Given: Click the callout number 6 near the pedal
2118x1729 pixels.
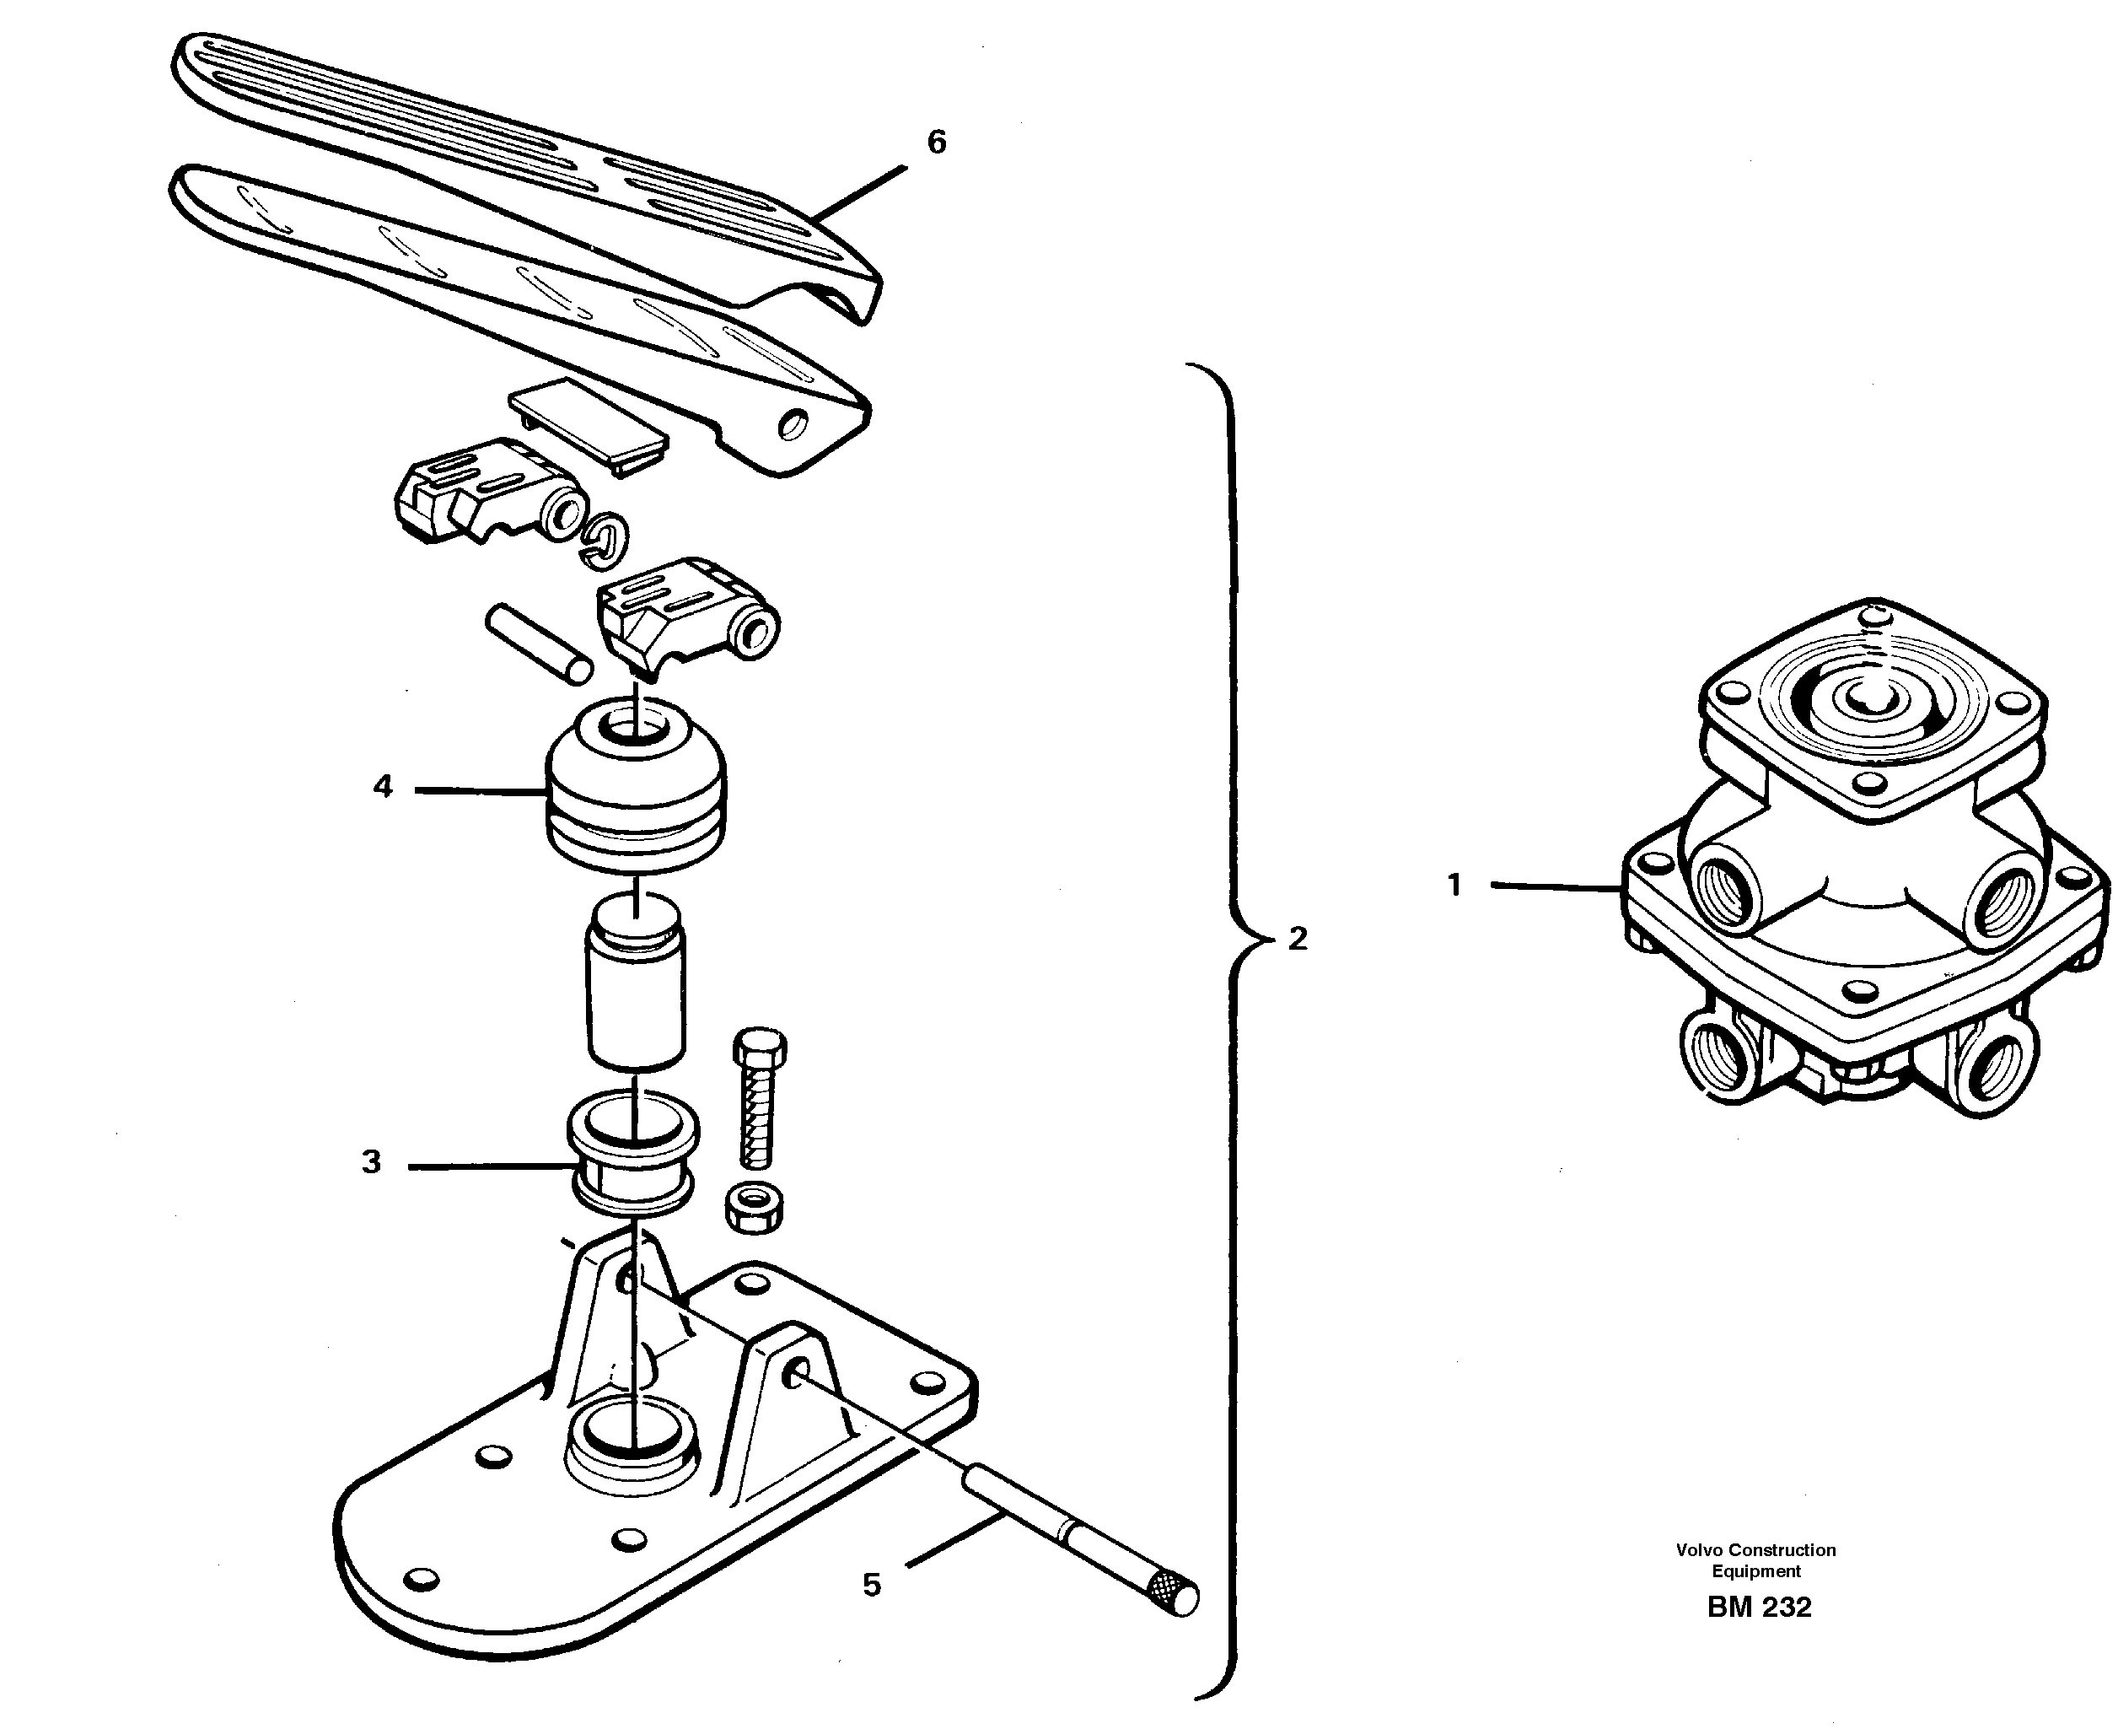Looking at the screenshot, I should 936,143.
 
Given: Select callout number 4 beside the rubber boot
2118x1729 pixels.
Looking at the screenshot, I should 384,787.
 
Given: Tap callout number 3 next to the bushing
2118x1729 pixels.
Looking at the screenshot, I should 372,1162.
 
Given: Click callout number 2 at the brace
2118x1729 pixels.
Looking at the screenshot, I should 1297,938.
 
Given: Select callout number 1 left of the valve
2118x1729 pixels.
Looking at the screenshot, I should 1454,885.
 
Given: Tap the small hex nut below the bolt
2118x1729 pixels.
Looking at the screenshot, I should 755,1207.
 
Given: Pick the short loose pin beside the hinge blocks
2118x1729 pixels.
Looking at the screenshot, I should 539,645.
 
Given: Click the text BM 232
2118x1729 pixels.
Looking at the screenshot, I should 1759,1608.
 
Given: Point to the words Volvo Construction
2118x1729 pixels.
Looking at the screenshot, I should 1755,1549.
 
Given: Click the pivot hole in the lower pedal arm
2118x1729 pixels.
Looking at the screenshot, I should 793,425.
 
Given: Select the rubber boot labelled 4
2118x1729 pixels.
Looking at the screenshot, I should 635,787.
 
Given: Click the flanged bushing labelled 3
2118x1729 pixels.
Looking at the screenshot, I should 632,1155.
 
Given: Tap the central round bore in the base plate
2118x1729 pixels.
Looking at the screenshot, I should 631,1434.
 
